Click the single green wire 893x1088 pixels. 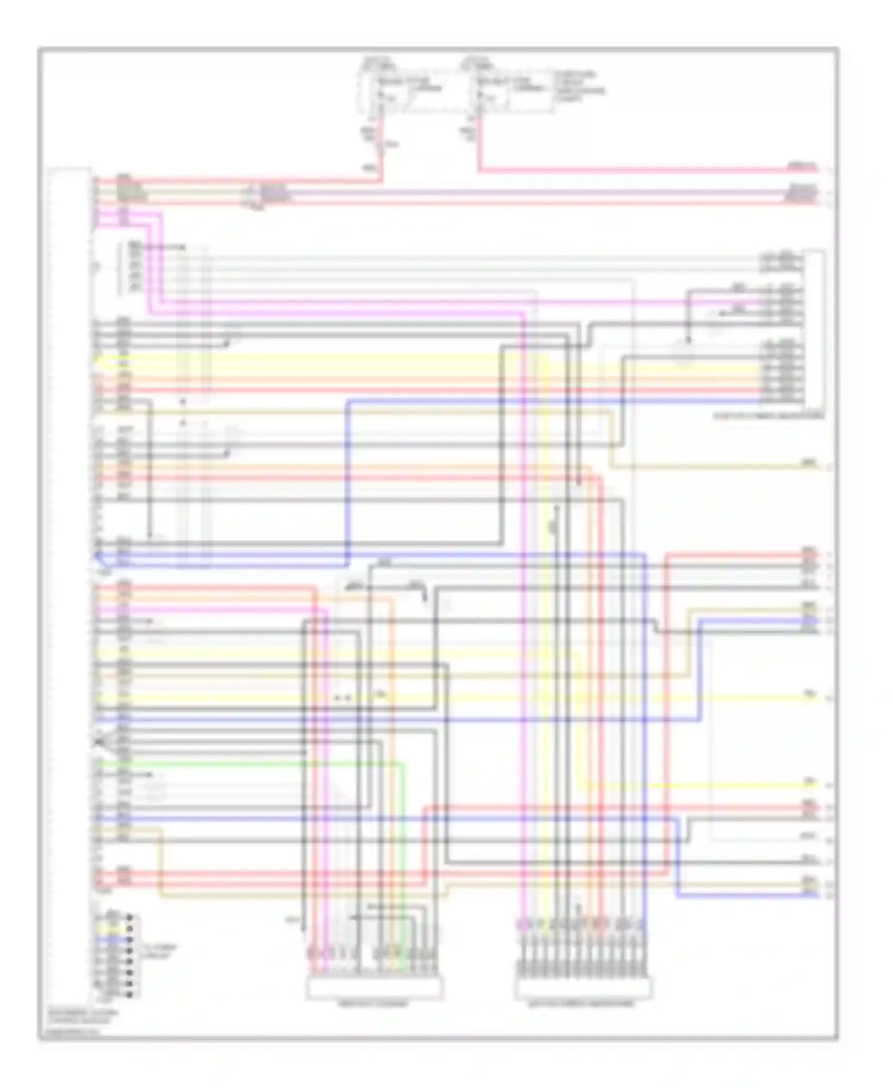click(250, 762)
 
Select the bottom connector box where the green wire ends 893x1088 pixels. click(374, 988)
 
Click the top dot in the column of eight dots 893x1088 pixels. click(130, 917)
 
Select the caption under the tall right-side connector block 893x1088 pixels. click(769, 415)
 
